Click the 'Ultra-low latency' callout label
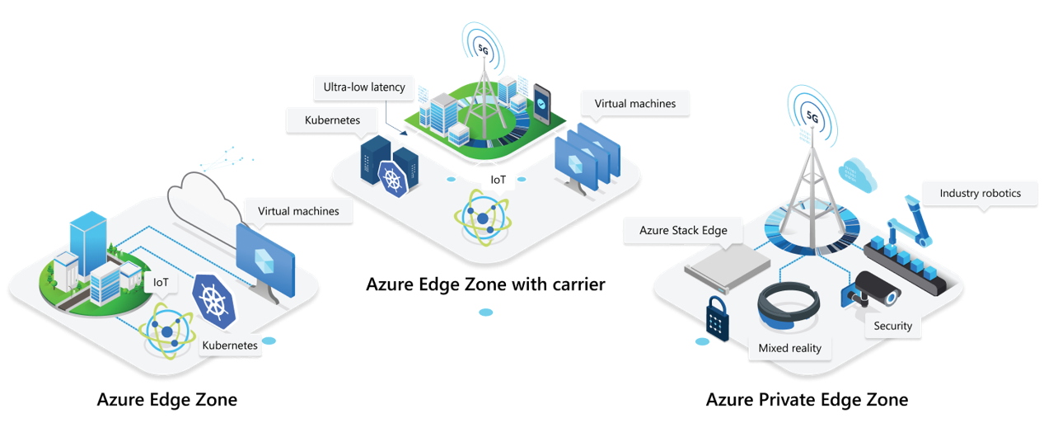click(x=364, y=87)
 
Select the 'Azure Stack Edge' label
click(x=683, y=231)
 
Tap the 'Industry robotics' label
click(x=980, y=194)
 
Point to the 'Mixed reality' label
click(x=789, y=348)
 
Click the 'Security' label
click(x=892, y=326)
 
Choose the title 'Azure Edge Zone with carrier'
click(x=485, y=284)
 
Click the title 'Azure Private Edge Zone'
click(x=807, y=400)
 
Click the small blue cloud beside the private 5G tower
click(x=857, y=172)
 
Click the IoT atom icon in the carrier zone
click(x=480, y=216)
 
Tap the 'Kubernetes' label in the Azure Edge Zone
click(x=230, y=345)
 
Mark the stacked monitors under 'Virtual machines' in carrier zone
click(x=588, y=157)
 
